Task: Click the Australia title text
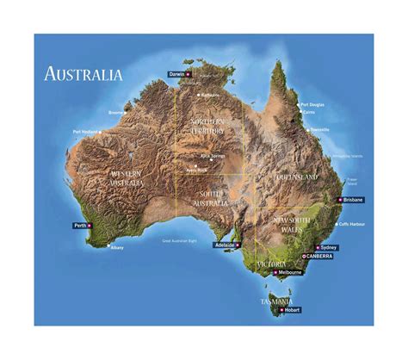pos(83,73)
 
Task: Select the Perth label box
pos(80,226)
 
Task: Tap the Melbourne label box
pos(289,272)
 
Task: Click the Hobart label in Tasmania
pos(290,308)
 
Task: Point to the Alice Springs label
pos(212,156)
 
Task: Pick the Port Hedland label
pos(85,132)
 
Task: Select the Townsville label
pos(319,129)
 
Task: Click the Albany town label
pos(117,248)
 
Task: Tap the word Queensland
pos(296,177)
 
